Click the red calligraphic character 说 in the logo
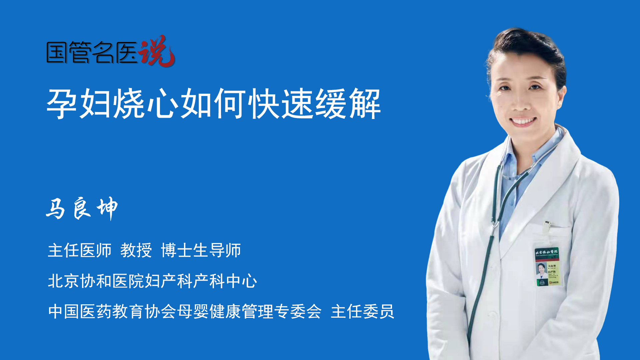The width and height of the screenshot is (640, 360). tap(157, 51)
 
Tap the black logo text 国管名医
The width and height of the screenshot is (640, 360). tap(92, 52)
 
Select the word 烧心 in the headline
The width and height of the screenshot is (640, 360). tap(146, 104)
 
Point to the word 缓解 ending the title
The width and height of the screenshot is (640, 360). tap(348, 104)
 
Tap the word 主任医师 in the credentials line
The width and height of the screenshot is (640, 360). tap(80, 250)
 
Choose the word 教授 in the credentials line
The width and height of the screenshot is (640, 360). tap(136, 250)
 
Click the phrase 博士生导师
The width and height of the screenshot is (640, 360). tap(201, 250)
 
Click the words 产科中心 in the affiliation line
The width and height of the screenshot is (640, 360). tap(225, 281)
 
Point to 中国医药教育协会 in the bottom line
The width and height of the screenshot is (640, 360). tap(112, 312)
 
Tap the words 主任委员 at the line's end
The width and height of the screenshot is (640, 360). tap(362, 312)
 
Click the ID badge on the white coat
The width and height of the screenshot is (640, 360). tap(547, 267)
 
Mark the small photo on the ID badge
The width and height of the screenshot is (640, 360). tap(541, 269)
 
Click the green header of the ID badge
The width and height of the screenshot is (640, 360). tap(547, 252)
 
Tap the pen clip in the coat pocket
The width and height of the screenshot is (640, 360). tap(547, 227)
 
